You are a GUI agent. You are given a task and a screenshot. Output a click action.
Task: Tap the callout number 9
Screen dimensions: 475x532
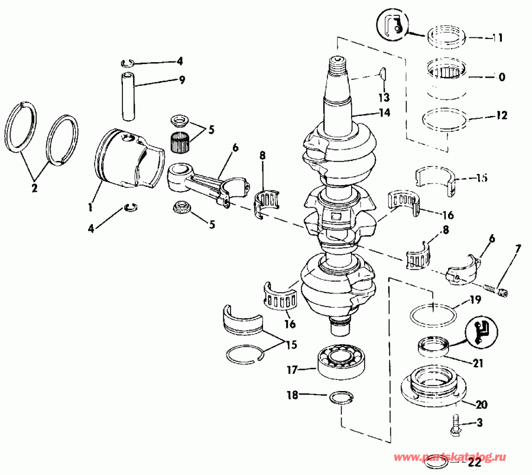[x=166, y=79]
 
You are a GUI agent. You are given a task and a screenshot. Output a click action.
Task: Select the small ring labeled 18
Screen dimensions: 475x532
[x=340, y=397]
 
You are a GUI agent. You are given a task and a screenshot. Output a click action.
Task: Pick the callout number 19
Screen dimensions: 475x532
[x=475, y=300]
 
